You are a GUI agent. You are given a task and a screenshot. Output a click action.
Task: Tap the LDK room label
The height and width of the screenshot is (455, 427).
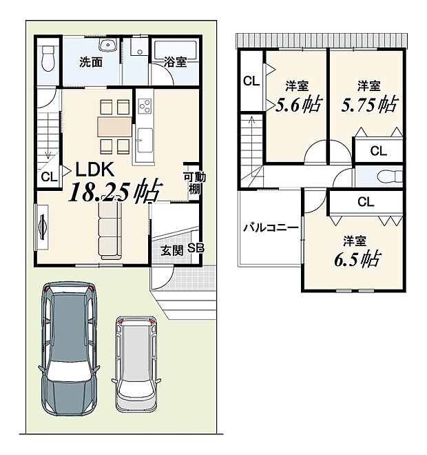pyautogui.click(x=95, y=170)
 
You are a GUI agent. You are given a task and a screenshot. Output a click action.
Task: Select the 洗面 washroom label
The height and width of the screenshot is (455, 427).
pyautogui.click(x=91, y=62)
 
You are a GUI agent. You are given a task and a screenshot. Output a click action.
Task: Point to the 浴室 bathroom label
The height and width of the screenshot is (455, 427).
pyautogui.click(x=175, y=62)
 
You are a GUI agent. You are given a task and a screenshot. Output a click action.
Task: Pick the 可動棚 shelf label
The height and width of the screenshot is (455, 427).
pyautogui.click(x=194, y=183)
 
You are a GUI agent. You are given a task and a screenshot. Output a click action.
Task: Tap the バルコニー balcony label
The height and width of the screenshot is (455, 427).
pyautogui.click(x=271, y=228)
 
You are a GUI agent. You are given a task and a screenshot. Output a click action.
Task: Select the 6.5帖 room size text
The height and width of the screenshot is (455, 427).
pyautogui.click(x=357, y=259)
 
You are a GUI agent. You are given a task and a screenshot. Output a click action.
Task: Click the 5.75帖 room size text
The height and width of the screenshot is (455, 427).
pyautogui.click(x=369, y=105)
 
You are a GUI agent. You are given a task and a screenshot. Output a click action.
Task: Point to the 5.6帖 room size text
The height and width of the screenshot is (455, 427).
pyautogui.click(x=298, y=105)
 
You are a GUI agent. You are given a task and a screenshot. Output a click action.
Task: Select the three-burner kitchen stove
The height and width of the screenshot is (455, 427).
pyautogui.click(x=145, y=105)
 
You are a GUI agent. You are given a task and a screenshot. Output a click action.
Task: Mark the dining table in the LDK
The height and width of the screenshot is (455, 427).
pyautogui.click(x=115, y=127)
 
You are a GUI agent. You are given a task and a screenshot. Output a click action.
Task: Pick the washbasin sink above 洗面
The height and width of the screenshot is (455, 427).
pyautogui.click(x=108, y=44)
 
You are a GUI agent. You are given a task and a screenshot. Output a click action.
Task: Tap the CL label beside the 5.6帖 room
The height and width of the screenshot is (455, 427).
pyautogui.click(x=251, y=81)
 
